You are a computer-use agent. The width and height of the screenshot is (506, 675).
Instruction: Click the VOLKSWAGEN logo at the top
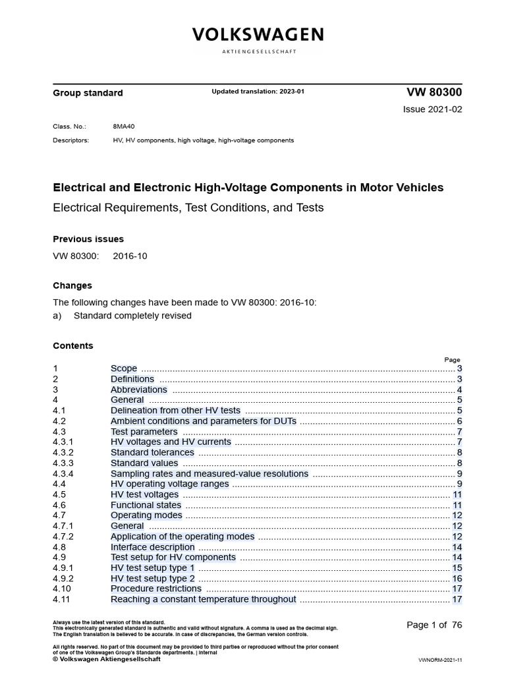pos(258,35)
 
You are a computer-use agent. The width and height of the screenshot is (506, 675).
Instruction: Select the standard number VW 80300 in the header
pos(431,92)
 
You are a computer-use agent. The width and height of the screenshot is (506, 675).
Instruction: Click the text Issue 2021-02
pos(432,109)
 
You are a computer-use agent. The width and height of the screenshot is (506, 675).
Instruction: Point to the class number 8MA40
pos(125,126)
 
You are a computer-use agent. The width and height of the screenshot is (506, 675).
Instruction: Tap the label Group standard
pos(88,93)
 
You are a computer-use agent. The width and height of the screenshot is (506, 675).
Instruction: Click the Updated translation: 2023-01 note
pos(258,92)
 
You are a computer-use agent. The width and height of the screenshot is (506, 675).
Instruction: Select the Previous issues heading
pos(88,239)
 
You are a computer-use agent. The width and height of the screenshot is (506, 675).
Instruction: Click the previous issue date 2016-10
pos(130,256)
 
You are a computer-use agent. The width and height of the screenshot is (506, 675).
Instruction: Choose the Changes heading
pos(72,285)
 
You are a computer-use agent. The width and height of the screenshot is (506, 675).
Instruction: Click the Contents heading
pos(73,345)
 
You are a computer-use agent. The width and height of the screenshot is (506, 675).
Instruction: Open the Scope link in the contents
pos(124,368)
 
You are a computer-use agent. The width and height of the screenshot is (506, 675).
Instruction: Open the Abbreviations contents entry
pos(139,390)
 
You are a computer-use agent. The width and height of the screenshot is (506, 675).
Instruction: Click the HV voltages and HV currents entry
pos(171,442)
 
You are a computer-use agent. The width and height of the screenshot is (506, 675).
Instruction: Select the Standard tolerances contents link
pos(152,452)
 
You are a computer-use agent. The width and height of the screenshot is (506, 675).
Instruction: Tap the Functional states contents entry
pos(146,505)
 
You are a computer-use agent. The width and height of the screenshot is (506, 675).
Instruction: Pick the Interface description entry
pos(152,546)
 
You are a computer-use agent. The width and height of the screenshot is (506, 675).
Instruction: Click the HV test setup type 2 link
pos(152,578)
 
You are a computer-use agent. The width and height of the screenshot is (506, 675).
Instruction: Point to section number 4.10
pos(62,589)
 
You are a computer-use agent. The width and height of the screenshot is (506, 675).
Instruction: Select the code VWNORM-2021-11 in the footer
pos(440,659)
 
